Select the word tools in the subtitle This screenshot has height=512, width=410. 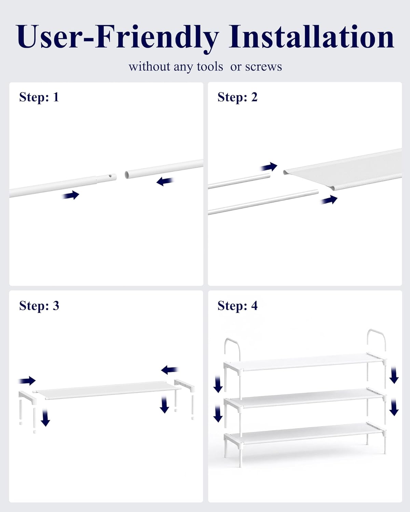click(x=210, y=67)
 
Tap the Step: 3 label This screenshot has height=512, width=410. click(x=39, y=305)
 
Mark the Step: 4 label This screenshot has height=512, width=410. click(x=237, y=305)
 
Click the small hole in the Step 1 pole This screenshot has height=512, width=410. click(x=110, y=176)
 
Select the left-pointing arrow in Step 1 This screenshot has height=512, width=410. click(x=165, y=181)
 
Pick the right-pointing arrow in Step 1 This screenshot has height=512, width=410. click(x=70, y=195)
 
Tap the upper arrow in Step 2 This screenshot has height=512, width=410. click(x=269, y=167)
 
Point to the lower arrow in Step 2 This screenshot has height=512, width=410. click(x=329, y=200)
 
